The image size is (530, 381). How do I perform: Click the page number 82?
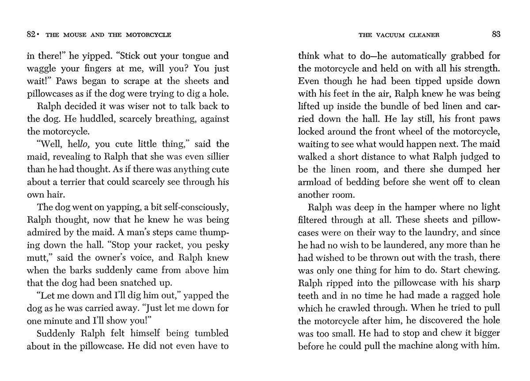[31, 34]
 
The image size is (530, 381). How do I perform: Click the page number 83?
[496, 34]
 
